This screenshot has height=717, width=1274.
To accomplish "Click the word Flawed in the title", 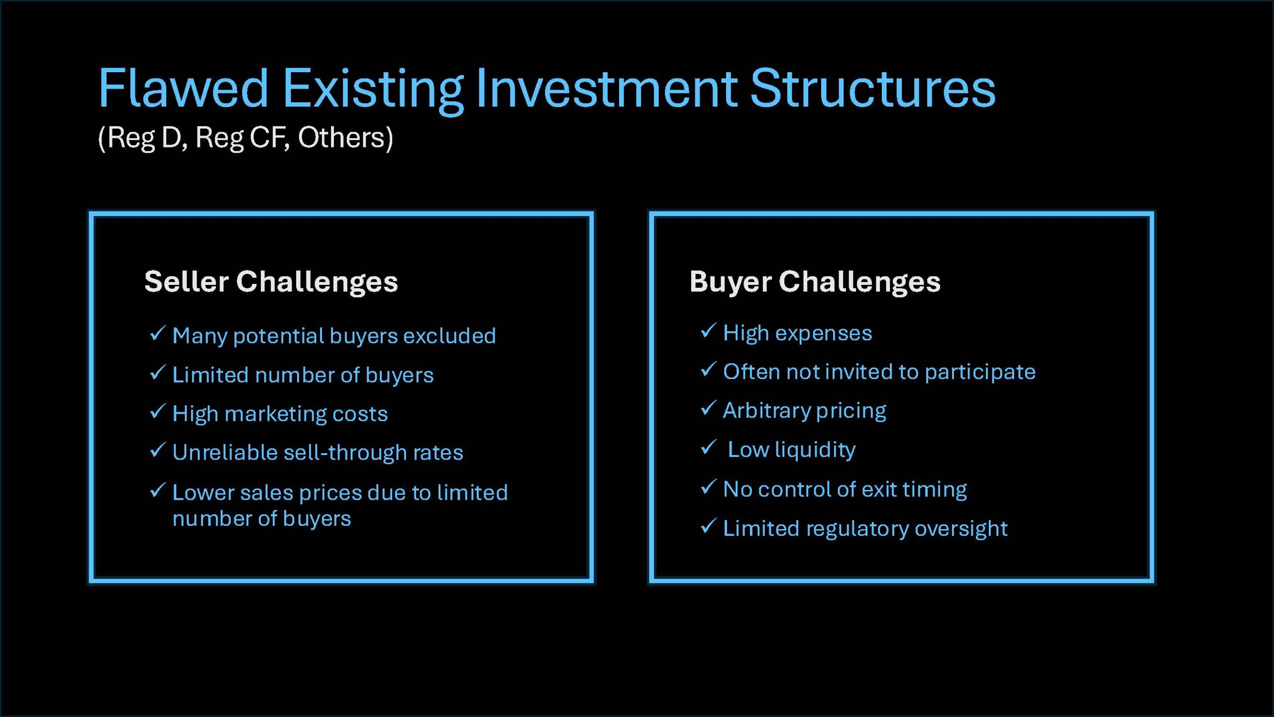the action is (x=183, y=88).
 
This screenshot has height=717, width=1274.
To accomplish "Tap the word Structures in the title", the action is (x=873, y=88).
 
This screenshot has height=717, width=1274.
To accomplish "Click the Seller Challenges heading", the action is (x=271, y=282).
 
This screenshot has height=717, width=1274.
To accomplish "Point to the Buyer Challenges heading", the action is (x=815, y=282).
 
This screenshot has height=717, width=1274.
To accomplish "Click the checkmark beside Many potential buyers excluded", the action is (x=157, y=333).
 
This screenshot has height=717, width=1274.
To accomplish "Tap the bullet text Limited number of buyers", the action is (x=303, y=375).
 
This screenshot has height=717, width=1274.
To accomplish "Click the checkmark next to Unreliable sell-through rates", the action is (x=157, y=450).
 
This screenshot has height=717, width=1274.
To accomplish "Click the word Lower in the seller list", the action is (x=203, y=492).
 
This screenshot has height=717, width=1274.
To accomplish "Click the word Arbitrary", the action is (x=766, y=411).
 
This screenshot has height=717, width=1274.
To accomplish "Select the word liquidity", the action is (x=815, y=450).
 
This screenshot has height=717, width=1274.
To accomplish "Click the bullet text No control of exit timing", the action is (x=845, y=489).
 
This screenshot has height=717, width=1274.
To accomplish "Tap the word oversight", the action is (x=961, y=529).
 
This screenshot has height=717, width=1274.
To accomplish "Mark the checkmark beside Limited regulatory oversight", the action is (x=708, y=526).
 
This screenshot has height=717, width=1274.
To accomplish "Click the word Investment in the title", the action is (x=607, y=88).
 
